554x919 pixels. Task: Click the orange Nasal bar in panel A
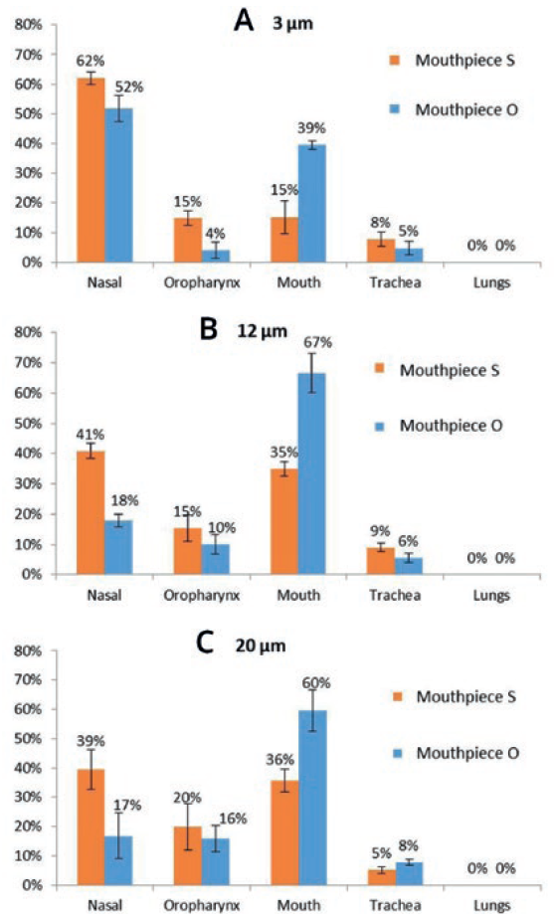pyautogui.click(x=91, y=170)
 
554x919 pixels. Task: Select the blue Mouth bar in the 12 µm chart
pyautogui.click(x=312, y=473)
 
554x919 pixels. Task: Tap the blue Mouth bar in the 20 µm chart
pyautogui.click(x=312, y=798)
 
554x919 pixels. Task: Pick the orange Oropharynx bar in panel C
pyautogui.click(x=188, y=855)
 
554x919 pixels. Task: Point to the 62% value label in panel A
pyautogui.click(x=91, y=61)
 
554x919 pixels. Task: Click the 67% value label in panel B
pyautogui.click(x=317, y=342)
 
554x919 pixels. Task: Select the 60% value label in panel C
pyautogui.click(x=316, y=683)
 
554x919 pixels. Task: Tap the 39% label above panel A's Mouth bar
pyautogui.click(x=311, y=128)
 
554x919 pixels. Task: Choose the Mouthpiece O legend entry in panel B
pyautogui.click(x=439, y=426)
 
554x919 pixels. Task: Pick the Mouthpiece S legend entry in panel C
pyautogui.click(x=455, y=696)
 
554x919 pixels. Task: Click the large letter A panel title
pyautogui.click(x=244, y=21)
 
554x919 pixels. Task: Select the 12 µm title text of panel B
pyautogui.click(x=263, y=331)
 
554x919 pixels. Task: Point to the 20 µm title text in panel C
pyautogui.click(x=261, y=645)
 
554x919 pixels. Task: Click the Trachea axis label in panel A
pyautogui.click(x=395, y=282)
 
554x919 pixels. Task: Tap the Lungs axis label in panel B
pyautogui.click(x=491, y=596)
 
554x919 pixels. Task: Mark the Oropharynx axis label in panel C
pyautogui.click(x=202, y=905)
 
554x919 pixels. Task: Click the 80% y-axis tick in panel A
pyautogui.click(x=28, y=25)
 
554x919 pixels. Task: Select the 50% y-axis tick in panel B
pyautogui.click(x=28, y=423)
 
